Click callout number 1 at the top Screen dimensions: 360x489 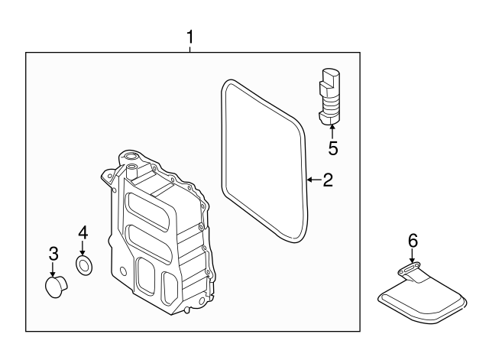[191, 36]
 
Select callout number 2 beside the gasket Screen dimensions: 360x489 [328, 180]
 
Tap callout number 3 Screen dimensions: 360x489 [53, 252]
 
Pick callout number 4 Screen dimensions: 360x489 [83, 231]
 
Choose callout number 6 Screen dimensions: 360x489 [413, 240]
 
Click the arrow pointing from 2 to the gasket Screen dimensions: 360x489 [312, 180]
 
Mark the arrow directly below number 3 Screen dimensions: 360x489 [53, 270]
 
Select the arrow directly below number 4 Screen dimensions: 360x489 [83, 248]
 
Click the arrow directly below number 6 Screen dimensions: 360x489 [413, 258]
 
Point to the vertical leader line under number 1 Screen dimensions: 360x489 [191, 48]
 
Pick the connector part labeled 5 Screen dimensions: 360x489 [329, 95]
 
